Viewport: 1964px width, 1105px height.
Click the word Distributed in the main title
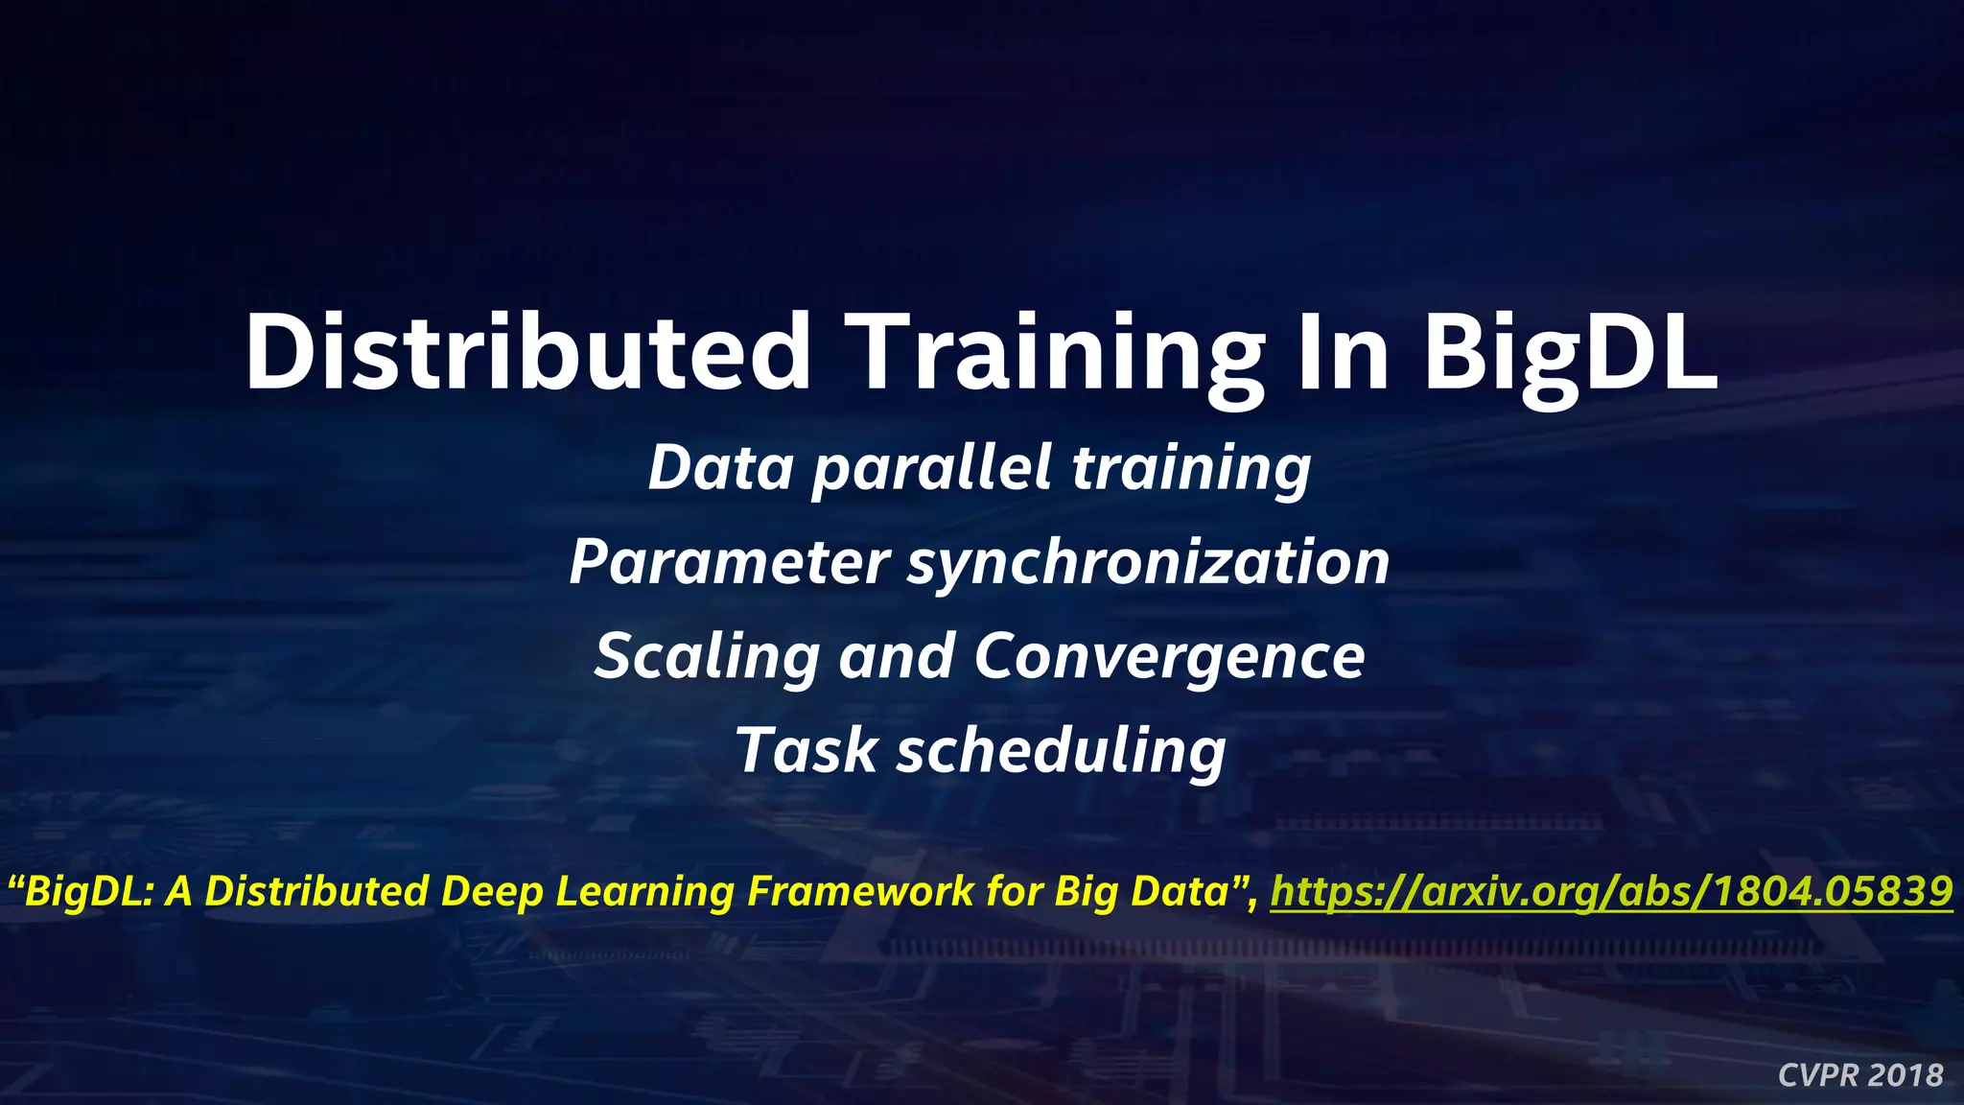[x=528, y=352]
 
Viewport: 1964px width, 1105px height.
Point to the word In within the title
[x=1342, y=352]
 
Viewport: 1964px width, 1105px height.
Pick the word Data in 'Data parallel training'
[x=720, y=468]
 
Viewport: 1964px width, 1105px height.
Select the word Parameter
[x=730, y=563]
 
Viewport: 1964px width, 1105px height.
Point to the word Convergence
[x=1169, y=658]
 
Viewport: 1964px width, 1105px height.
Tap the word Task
[x=806, y=750]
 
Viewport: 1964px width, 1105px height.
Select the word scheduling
[x=1061, y=752]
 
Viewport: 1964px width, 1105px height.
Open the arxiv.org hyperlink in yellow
[x=1611, y=891]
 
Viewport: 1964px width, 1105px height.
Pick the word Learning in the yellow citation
[x=644, y=892]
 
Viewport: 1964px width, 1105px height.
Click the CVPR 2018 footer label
[x=1859, y=1075]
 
